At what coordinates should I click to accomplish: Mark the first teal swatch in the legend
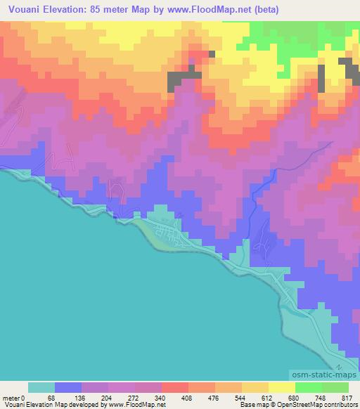tap(41, 387)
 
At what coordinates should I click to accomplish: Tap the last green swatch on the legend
tap(335, 387)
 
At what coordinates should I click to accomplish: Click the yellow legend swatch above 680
tap(282, 387)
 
